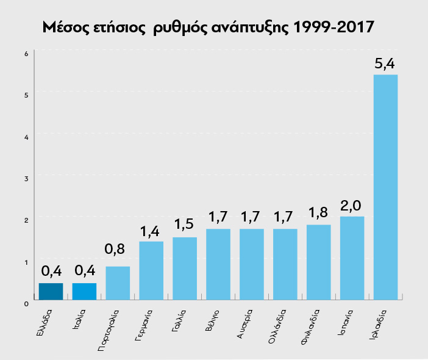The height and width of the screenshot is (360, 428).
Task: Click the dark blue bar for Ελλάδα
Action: coord(51,292)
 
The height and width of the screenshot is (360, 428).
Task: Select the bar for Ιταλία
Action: coord(84,292)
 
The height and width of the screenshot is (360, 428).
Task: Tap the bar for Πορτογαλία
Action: coord(118,283)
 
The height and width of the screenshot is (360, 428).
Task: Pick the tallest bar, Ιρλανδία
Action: coord(385,187)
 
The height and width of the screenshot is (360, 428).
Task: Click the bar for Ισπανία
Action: coord(352,258)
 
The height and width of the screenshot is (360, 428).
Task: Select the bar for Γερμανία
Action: coord(151,270)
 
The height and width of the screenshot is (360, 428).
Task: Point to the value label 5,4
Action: coord(385,63)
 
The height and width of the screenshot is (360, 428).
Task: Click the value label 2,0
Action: coord(352,205)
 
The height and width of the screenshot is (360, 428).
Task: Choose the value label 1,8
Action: coord(318,214)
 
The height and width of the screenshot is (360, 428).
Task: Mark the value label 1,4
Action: coord(151,230)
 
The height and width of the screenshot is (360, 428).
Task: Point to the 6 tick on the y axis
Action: coord(26,53)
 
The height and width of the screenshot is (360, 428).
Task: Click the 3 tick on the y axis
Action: coord(26,178)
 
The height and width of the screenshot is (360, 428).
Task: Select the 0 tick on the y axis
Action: coord(26,303)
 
